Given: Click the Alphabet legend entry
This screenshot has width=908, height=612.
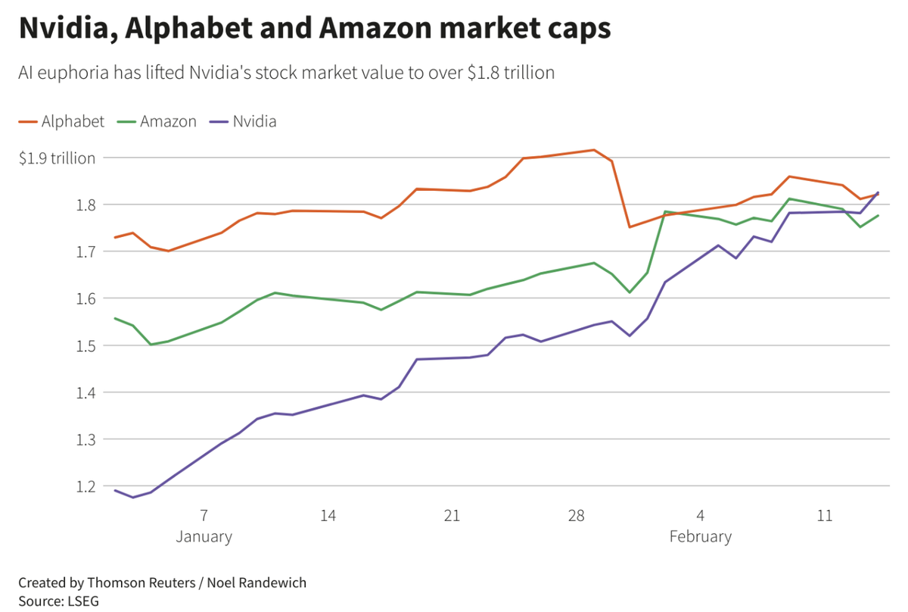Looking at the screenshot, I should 73,121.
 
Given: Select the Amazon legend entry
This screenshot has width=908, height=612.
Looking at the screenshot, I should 167,121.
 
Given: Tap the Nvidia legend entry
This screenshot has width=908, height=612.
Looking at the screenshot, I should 253,121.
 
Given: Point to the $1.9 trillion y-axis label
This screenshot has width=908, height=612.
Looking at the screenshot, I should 58,158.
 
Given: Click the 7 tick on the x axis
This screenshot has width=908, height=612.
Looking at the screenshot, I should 204,516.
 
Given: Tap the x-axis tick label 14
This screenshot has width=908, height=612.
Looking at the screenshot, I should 328,516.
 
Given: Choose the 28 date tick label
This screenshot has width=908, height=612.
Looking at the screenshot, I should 577,516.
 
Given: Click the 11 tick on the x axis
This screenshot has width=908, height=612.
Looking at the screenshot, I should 825,516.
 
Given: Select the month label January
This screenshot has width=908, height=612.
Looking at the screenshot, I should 204,537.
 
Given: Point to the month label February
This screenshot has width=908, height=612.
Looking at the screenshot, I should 701,537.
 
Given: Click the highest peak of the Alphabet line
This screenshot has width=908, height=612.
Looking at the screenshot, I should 594,150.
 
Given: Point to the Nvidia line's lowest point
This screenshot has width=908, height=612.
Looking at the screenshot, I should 133,497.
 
